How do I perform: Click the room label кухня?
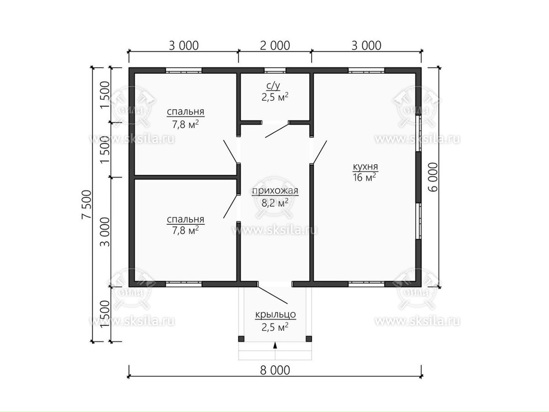[365, 167]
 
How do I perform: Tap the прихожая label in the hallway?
[275, 191]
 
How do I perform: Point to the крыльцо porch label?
[275, 315]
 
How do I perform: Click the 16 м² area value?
[364, 178]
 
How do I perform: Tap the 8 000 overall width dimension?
[275, 370]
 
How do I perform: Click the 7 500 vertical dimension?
[86, 204]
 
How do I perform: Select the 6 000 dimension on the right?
[433, 177]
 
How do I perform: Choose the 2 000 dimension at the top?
[275, 46]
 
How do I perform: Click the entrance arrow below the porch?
[275, 345]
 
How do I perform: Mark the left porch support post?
[241, 339]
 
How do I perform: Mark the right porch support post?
[309, 339]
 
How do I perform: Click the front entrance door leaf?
[273, 295]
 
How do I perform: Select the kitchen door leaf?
[320, 152]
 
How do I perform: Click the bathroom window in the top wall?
[275, 70]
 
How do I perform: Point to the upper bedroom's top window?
[184, 70]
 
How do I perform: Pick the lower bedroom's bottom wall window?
[184, 284]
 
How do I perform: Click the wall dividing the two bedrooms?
[186, 178]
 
